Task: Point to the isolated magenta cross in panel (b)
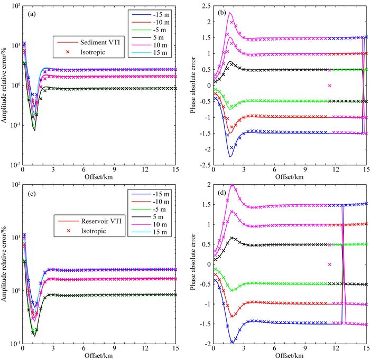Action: (x=329, y=86)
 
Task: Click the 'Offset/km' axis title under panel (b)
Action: (x=290, y=176)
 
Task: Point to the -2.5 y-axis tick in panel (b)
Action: (x=205, y=165)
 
